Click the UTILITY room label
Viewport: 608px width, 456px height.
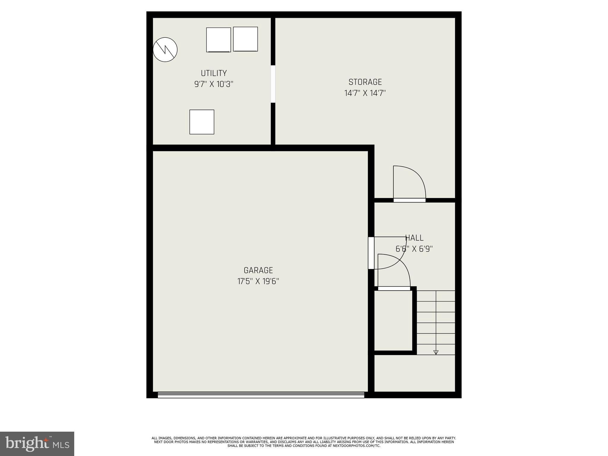214,73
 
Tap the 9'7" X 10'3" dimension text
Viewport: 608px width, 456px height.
214,84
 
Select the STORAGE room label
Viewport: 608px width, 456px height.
365,82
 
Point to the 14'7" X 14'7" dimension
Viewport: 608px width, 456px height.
365,93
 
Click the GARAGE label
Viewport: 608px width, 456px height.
258,270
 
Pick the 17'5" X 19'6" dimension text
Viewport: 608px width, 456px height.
258,281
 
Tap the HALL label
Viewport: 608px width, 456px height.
414,238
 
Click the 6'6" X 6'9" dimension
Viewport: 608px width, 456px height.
414,249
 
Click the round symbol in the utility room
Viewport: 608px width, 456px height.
165,50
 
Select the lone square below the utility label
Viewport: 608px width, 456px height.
202,122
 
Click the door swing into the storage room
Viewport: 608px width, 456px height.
409,183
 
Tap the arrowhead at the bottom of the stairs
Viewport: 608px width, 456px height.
436,352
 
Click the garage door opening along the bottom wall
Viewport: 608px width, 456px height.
261,395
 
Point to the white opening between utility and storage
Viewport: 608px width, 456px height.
273,84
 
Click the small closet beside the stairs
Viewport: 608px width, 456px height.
393,321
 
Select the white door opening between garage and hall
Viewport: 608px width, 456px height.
371,253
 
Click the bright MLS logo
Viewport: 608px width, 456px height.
37,444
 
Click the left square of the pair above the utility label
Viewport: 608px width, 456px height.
218,40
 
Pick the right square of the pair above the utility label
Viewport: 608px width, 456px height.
245,39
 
